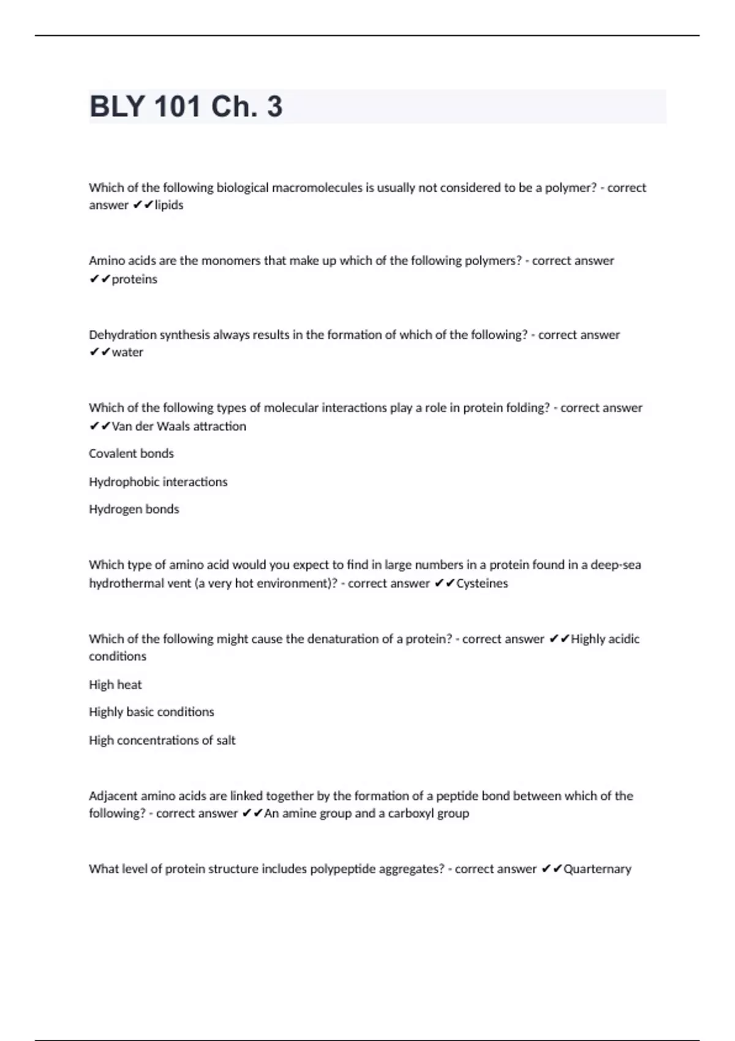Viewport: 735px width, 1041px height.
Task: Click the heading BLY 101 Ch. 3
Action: click(x=186, y=107)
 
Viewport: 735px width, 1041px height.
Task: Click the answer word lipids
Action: click(x=169, y=205)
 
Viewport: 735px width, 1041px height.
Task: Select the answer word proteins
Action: click(x=135, y=279)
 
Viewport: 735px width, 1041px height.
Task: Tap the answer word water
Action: click(x=127, y=352)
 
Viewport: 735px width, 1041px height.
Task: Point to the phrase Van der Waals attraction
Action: click(x=179, y=426)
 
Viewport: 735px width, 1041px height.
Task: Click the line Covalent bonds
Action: click(x=131, y=454)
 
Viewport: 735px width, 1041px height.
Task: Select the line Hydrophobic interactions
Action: click(x=158, y=482)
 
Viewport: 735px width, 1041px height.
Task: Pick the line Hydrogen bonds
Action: click(x=134, y=509)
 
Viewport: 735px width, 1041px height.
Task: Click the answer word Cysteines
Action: click(x=482, y=584)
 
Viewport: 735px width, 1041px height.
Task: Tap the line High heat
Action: click(x=115, y=685)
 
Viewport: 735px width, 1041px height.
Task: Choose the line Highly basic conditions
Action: click(x=151, y=712)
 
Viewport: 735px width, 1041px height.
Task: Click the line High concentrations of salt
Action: click(x=162, y=740)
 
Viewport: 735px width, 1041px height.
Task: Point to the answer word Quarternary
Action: click(x=597, y=869)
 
